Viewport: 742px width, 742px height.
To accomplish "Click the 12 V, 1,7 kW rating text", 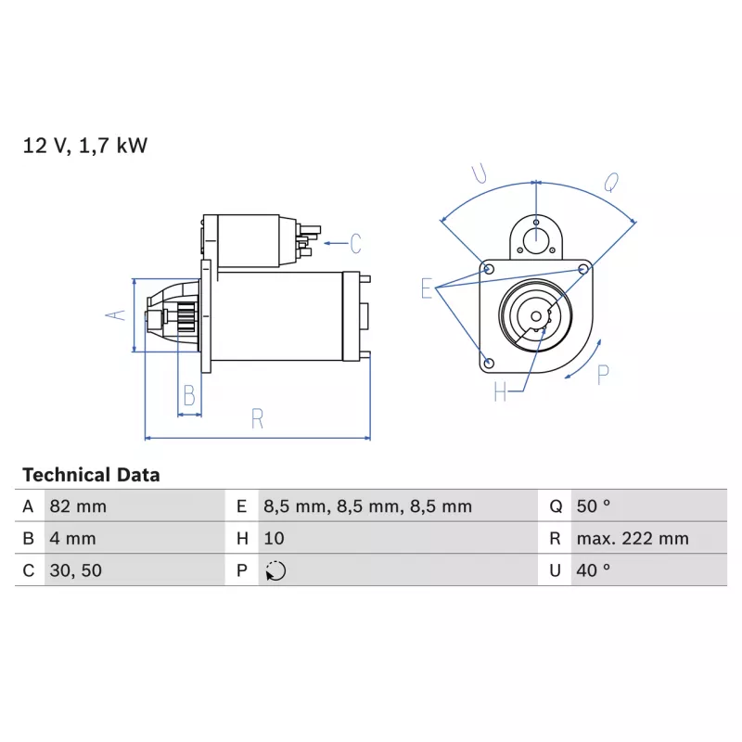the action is pyautogui.click(x=85, y=146).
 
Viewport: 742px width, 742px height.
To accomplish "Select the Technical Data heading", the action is pyautogui.click(x=91, y=475).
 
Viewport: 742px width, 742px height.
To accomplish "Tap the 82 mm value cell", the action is pyautogui.click(x=78, y=506).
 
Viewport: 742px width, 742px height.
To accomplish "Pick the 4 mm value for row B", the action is pyautogui.click(x=73, y=539).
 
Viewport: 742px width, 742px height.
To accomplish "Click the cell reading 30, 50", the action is pyautogui.click(x=76, y=570).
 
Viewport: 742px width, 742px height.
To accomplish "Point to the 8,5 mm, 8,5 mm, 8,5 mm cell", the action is pyautogui.click(x=367, y=506).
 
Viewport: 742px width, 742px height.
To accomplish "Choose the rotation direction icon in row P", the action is pyautogui.click(x=275, y=570).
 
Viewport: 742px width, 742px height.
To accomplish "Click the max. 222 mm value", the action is pyautogui.click(x=633, y=539).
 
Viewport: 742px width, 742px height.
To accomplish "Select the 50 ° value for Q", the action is pyautogui.click(x=594, y=506).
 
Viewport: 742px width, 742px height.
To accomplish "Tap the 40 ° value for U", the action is pyautogui.click(x=594, y=570).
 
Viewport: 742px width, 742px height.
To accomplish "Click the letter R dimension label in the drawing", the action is pyautogui.click(x=257, y=418).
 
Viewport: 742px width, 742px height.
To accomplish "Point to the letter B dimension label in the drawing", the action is pyautogui.click(x=189, y=396).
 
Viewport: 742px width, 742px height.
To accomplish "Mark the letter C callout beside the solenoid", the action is pyautogui.click(x=356, y=244).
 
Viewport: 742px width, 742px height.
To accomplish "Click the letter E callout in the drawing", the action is pyautogui.click(x=427, y=288).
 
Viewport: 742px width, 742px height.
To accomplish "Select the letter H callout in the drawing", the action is pyautogui.click(x=500, y=391).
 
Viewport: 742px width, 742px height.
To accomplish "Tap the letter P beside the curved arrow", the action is pyautogui.click(x=603, y=375).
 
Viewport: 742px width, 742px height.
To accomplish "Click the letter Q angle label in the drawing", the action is pyautogui.click(x=611, y=182).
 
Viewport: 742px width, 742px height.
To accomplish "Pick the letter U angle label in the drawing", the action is pyautogui.click(x=479, y=173).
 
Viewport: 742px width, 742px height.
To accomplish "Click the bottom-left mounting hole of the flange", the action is pyautogui.click(x=490, y=363).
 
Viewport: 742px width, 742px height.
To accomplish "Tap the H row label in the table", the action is pyautogui.click(x=242, y=539).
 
